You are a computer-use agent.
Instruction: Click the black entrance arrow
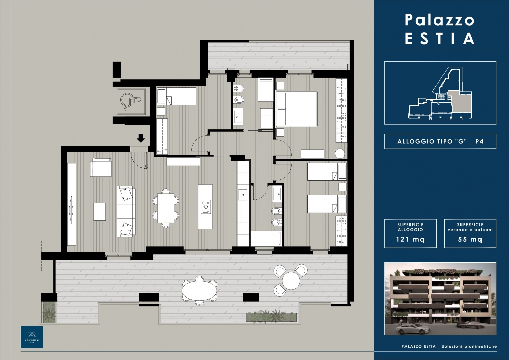[141, 138]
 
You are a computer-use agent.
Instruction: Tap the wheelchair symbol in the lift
[131, 102]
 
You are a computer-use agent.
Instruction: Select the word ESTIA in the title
[439, 39]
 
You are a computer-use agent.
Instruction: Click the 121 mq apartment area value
[410, 239]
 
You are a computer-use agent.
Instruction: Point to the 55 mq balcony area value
[470, 239]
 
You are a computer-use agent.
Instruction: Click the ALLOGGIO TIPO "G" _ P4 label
[440, 142]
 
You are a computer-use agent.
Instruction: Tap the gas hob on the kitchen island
[206, 207]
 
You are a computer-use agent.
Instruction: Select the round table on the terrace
[291, 281]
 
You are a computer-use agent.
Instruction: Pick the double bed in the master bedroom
[297, 109]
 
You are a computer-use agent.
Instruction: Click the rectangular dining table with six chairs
[166, 208]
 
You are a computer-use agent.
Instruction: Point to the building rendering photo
[440, 299]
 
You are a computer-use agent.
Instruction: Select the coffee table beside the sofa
[99, 212]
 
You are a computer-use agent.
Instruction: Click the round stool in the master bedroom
[340, 154]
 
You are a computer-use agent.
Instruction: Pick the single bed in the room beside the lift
[176, 96]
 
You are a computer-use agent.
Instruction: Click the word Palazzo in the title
[439, 20]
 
